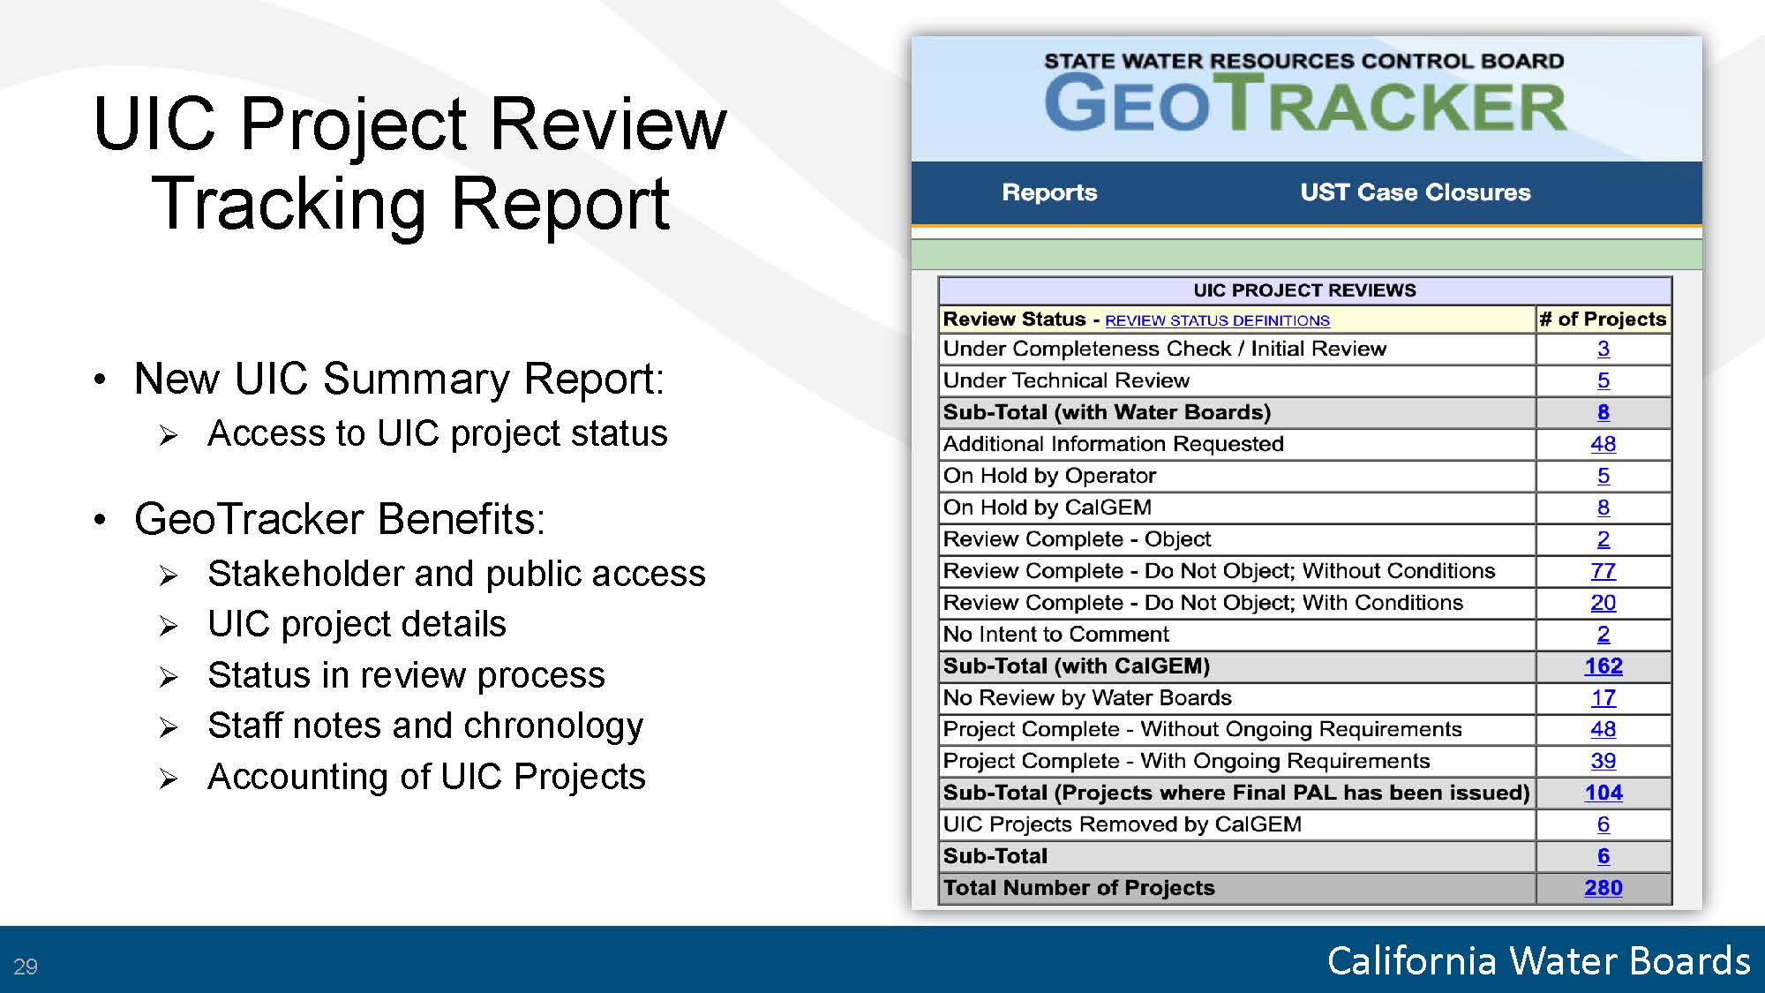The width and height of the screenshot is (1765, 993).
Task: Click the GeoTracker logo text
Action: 1304,103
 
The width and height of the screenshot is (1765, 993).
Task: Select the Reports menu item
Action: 1049,192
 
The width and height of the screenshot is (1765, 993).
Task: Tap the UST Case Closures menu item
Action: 1416,192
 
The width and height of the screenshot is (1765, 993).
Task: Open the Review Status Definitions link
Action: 1217,320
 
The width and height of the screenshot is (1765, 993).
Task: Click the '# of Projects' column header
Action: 1603,319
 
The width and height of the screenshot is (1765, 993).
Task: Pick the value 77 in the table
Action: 1604,571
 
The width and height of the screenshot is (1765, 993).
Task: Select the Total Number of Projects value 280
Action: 1604,888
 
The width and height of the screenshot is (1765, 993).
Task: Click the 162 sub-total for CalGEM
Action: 1604,666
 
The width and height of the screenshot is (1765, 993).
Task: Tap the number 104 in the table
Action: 1604,793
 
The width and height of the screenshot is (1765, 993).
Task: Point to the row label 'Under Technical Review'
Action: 1066,380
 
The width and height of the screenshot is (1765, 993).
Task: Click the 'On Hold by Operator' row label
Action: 1049,476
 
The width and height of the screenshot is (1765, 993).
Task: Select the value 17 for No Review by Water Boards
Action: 1604,698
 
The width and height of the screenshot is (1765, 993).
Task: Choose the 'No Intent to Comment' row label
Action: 1055,635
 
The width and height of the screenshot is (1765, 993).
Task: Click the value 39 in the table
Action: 1604,761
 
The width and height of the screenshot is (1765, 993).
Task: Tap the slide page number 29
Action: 26,967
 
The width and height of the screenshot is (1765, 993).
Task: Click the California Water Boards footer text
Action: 1538,960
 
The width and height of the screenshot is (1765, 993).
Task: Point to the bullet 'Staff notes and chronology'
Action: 425,726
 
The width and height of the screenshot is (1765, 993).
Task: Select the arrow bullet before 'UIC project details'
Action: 169,627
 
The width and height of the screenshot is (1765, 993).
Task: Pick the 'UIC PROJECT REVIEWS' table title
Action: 1304,290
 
